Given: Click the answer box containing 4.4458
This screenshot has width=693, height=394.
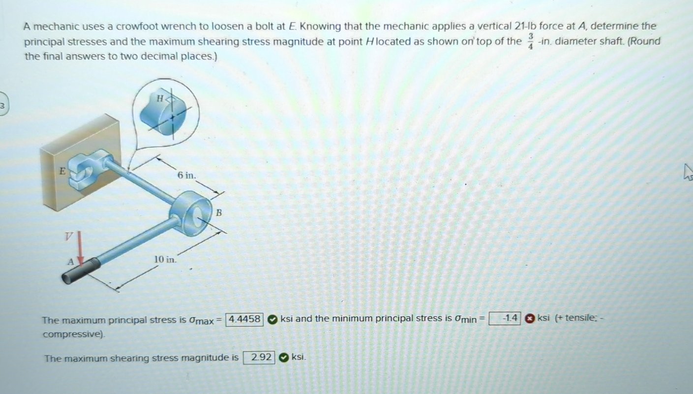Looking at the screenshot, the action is (x=244, y=319).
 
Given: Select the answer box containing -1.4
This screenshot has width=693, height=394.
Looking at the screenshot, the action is (x=505, y=318).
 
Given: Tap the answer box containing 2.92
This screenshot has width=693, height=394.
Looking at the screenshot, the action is (x=259, y=358).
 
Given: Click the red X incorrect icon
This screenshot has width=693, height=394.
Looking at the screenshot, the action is (x=530, y=318).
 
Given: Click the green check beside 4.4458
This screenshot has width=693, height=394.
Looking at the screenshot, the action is (x=272, y=319).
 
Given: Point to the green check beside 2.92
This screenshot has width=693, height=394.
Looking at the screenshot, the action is (x=284, y=358).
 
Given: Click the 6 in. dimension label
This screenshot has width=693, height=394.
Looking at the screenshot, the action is (x=186, y=175).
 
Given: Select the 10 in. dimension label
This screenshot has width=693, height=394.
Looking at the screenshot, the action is (x=165, y=259).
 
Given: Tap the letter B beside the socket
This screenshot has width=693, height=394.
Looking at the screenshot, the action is (x=219, y=213).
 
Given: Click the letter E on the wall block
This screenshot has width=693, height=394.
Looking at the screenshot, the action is (x=62, y=171).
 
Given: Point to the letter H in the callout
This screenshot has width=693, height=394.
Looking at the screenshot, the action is (x=160, y=99).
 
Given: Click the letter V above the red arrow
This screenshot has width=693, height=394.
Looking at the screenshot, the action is (x=69, y=236).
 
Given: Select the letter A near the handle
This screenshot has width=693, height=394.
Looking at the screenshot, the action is (x=71, y=262).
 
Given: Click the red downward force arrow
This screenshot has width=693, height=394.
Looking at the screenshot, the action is (x=81, y=249).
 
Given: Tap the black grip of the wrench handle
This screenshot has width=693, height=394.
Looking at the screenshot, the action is (x=81, y=271).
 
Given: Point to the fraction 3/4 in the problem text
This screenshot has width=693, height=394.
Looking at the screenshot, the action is (x=531, y=41).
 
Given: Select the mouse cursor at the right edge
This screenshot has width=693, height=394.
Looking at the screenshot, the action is (x=688, y=172).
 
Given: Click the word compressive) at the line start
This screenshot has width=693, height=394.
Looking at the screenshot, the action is (x=74, y=335).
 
